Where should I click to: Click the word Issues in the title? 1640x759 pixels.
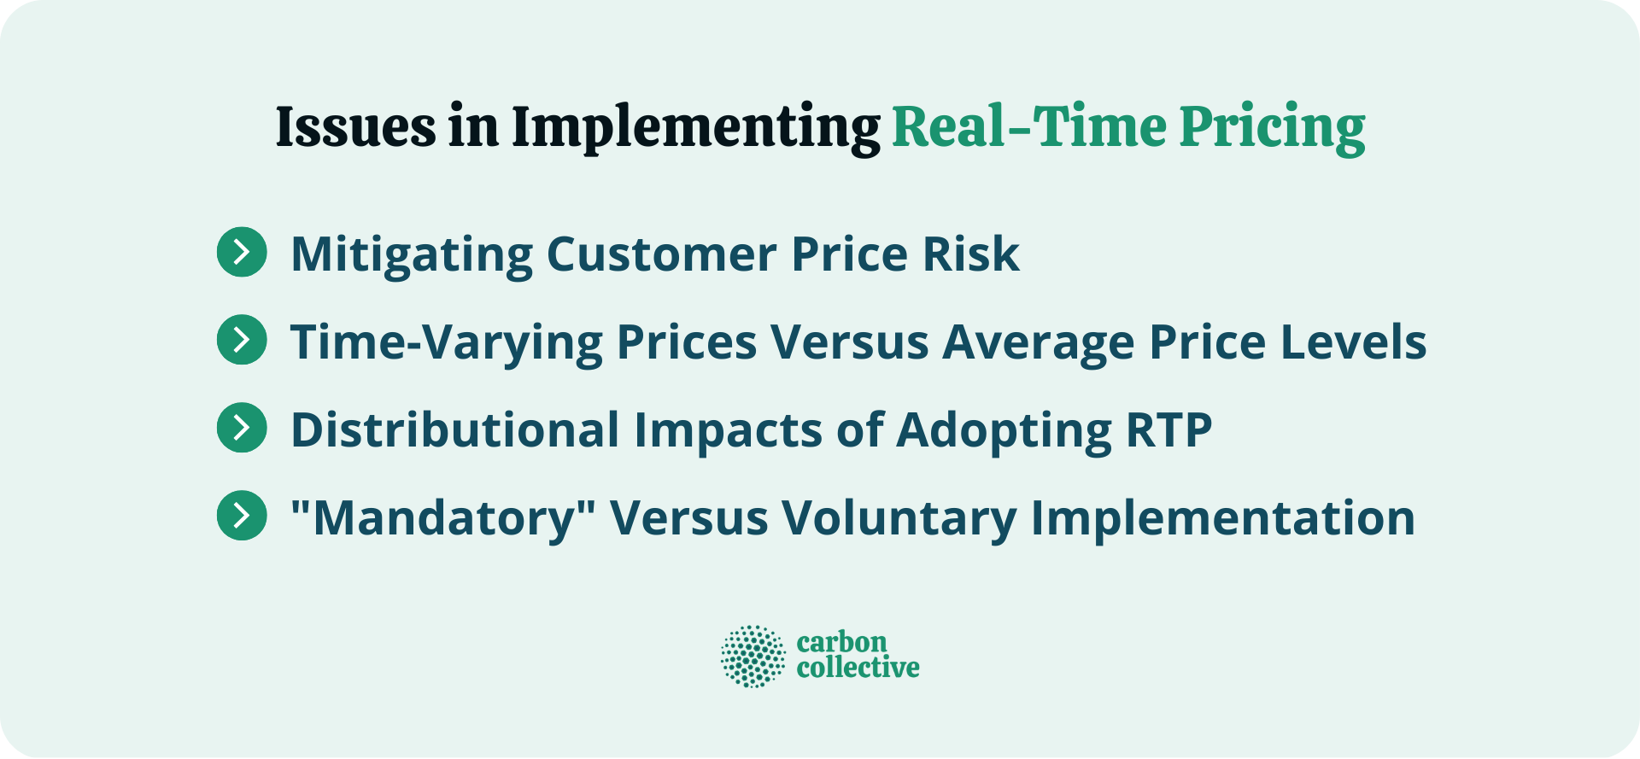355,127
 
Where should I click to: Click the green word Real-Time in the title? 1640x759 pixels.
1028,127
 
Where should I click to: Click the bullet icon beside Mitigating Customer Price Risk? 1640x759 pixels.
242,252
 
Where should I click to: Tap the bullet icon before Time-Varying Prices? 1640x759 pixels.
242,340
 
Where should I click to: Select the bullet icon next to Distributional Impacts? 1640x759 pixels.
242,428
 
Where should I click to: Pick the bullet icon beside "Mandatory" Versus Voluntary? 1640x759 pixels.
242,516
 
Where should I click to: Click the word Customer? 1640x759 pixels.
661,254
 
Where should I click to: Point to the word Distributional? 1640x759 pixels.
454,429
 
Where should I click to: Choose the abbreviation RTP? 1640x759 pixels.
1168,429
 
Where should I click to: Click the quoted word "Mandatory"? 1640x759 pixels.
442,517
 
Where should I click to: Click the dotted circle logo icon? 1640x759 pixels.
753,656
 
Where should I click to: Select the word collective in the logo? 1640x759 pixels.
858,668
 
